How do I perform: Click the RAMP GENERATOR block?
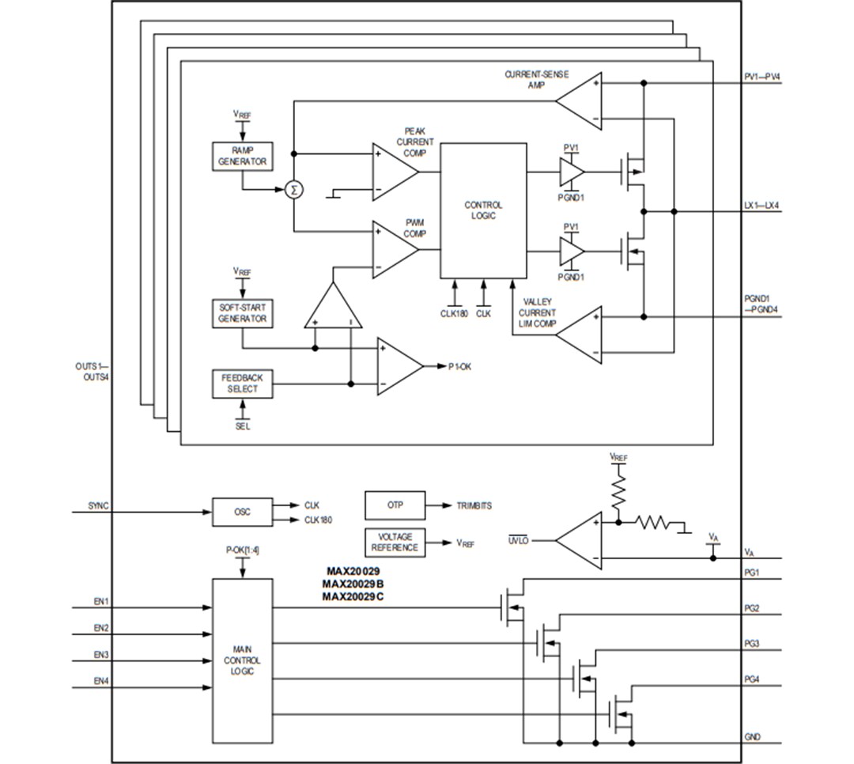(x=242, y=156)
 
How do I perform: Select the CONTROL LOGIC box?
(x=483, y=210)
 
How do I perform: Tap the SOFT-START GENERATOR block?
(x=242, y=313)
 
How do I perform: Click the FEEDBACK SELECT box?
(x=242, y=384)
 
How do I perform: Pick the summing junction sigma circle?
(x=294, y=190)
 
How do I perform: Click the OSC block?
(x=242, y=512)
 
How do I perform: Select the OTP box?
(x=395, y=505)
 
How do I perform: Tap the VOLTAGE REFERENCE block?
(x=395, y=542)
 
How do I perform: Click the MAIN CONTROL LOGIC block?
(x=242, y=660)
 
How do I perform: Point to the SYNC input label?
(x=99, y=505)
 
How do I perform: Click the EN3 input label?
(x=101, y=654)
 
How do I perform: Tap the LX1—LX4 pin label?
(x=762, y=205)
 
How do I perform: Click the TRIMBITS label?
(x=474, y=505)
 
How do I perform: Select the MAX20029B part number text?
(x=353, y=584)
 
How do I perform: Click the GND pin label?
(x=752, y=736)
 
